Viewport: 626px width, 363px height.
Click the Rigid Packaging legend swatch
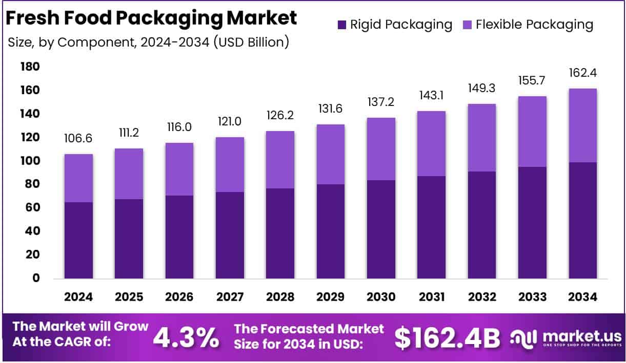point(341,24)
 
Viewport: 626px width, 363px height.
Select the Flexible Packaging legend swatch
point(467,24)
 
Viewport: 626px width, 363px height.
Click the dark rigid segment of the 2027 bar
point(230,235)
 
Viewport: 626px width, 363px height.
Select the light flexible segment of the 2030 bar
point(381,149)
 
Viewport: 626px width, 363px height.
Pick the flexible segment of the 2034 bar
point(582,125)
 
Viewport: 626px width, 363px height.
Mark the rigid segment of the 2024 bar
point(78,240)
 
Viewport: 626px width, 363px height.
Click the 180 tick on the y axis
point(30,67)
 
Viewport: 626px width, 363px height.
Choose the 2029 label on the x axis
point(330,297)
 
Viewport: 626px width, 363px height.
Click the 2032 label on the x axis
point(481,297)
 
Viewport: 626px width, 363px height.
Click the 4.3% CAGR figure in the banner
point(187,337)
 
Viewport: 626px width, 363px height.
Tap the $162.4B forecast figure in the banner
point(448,337)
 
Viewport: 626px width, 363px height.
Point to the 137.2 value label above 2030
point(381,102)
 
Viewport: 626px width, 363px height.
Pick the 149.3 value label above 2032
point(481,88)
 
